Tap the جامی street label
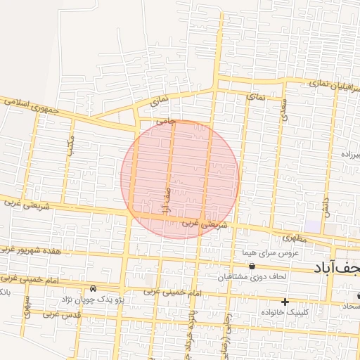165,121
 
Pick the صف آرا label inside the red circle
166,200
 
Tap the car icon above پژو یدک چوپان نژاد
94,288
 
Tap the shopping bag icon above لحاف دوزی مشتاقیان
252,266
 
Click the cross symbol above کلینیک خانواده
285,302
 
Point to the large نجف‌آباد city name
336,269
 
